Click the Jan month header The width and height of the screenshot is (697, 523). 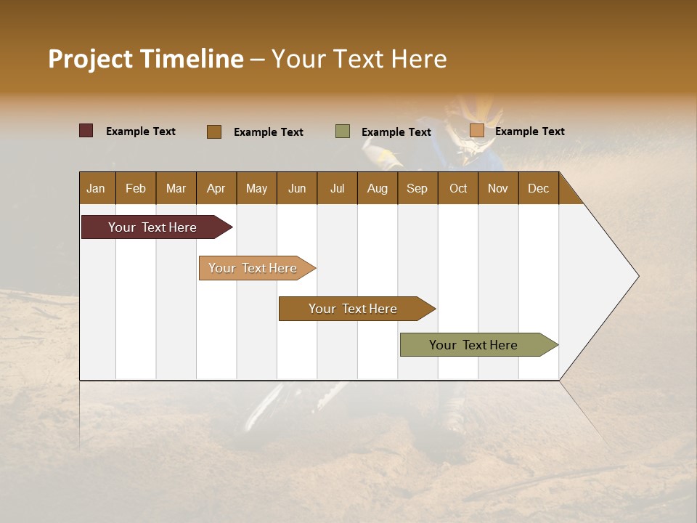[96, 188]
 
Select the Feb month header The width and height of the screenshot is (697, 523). [136, 188]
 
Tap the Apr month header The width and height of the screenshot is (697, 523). [216, 188]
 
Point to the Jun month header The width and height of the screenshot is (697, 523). [297, 188]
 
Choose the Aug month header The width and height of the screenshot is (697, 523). [377, 188]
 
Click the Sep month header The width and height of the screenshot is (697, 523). [417, 188]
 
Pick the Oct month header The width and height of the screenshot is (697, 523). [458, 188]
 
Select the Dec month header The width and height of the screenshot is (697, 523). [538, 188]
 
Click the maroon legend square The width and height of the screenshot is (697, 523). [86, 131]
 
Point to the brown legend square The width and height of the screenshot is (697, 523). [214, 131]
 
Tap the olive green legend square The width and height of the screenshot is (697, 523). [343, 131]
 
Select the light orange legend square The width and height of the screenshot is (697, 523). [476, 131]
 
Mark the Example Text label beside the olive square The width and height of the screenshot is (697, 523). [396, 132]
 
